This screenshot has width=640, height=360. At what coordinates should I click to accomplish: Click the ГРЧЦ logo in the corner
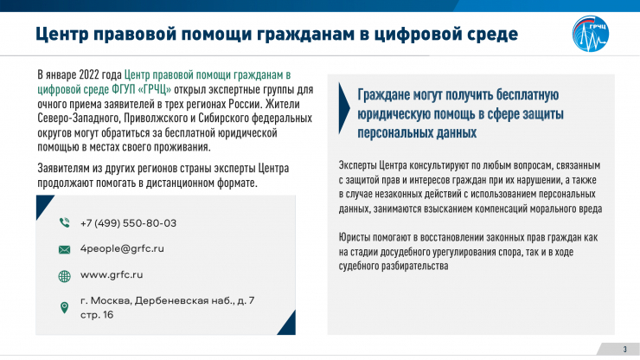(590, 34)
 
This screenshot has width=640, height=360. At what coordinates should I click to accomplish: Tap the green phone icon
(65, 222)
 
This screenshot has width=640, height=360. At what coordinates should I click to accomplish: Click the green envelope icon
(65, 249)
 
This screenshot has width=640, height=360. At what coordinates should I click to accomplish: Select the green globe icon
(65, 276)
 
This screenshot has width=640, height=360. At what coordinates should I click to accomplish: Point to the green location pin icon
(64, 307)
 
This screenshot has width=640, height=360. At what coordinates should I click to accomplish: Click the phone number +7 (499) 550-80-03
(128, 223)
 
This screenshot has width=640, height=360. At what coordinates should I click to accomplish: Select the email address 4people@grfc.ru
(122, 248)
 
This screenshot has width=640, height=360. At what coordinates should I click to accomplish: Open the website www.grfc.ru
(112, 274)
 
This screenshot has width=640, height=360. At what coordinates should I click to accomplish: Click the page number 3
(624, 350)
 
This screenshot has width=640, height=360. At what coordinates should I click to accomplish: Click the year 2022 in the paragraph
(89, 74)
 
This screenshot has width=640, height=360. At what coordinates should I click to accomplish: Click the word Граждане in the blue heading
(383, 95)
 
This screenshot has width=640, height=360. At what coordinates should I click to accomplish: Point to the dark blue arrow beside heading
(343, 108)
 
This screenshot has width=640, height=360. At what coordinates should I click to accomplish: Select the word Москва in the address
(111, 301)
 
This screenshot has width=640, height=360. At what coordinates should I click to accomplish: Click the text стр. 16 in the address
(97, 315)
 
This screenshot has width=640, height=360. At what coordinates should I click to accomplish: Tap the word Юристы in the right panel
(355, 237)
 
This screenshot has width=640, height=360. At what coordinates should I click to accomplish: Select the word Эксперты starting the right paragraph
(357, 165)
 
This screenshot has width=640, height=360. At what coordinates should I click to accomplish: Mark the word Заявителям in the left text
(61, 169)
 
